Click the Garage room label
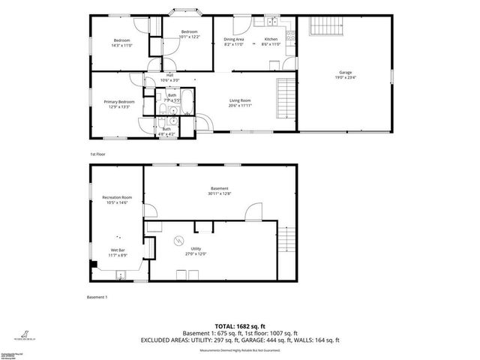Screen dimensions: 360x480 [344, 72]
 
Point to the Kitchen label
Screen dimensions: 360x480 [271, 39]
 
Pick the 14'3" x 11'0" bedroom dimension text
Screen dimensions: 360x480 [121, 45]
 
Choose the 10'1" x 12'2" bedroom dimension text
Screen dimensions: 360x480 [189, 37]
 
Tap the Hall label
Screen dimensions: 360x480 [171, 76]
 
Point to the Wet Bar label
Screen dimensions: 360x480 [118, 250]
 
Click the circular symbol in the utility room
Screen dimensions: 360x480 [178, 240]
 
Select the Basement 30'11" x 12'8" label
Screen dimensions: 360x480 [219, 190]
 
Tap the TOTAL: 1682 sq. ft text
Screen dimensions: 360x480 [240, 326]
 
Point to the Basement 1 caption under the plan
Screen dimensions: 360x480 [98, 297]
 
